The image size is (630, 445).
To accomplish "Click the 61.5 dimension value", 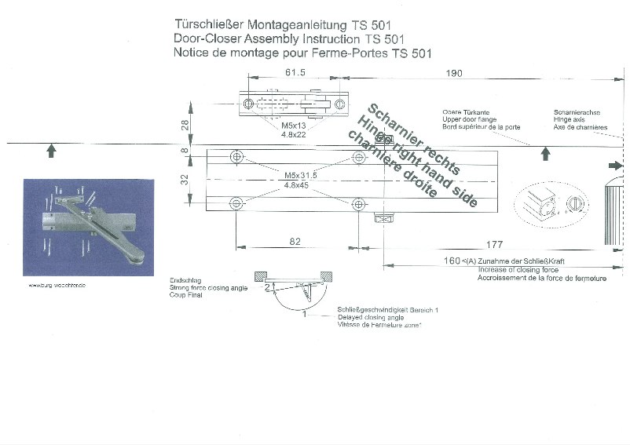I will pyautogui.click(x=273, y=72).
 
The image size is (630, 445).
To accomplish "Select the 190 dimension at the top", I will pyautogui.click(x=454, y=73).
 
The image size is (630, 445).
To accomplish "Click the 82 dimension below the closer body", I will pyautogui.click(x=295, y=243).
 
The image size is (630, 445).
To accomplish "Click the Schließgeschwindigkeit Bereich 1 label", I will pyautogui.click(x=386, y=310).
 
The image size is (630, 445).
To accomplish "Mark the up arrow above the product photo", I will pyautogui.click(x=51, y=151).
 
